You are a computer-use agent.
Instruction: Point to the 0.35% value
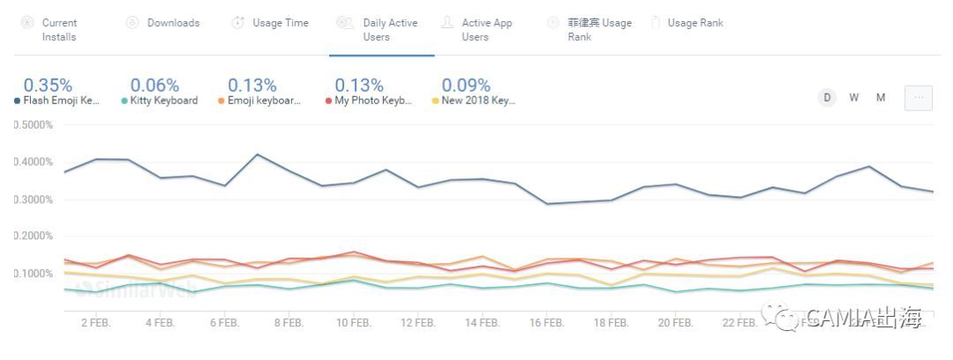[x=48, y=86]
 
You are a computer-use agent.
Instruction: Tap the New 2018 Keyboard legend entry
[x=477, y=101]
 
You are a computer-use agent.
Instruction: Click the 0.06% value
[x=154, y=86]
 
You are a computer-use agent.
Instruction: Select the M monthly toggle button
[x=881, y=98]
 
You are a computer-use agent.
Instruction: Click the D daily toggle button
[x=827, y=98]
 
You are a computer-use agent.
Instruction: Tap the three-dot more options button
[x=918, y=98]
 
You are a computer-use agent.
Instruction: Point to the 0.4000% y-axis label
[x=34, y=161]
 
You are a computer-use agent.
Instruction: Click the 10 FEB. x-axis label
[x=353, y=323]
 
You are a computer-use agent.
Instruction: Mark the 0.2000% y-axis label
[x=34, y=236]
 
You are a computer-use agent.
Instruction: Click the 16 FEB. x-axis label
[x=547, y=323]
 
